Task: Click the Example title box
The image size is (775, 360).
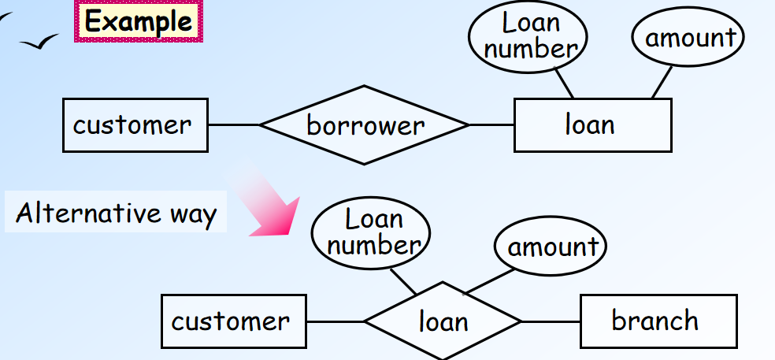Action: tap(139, 21)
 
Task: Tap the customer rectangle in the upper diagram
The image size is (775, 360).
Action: tap(135, 124)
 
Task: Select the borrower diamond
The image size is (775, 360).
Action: tap(364, 124)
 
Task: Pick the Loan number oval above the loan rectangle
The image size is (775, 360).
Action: tap(528, 35)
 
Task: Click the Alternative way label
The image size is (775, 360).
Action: tap(116, 213)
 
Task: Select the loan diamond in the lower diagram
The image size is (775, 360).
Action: tap(443, 321)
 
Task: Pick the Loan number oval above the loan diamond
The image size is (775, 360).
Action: tap(371, 232)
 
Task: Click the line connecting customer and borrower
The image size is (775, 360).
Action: tap(234, 124)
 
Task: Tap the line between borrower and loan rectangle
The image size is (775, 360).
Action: tap(491, 124)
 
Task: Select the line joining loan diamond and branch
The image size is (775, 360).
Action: tap(551, 321)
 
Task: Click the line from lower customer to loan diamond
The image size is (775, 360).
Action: tap(335, 321)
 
